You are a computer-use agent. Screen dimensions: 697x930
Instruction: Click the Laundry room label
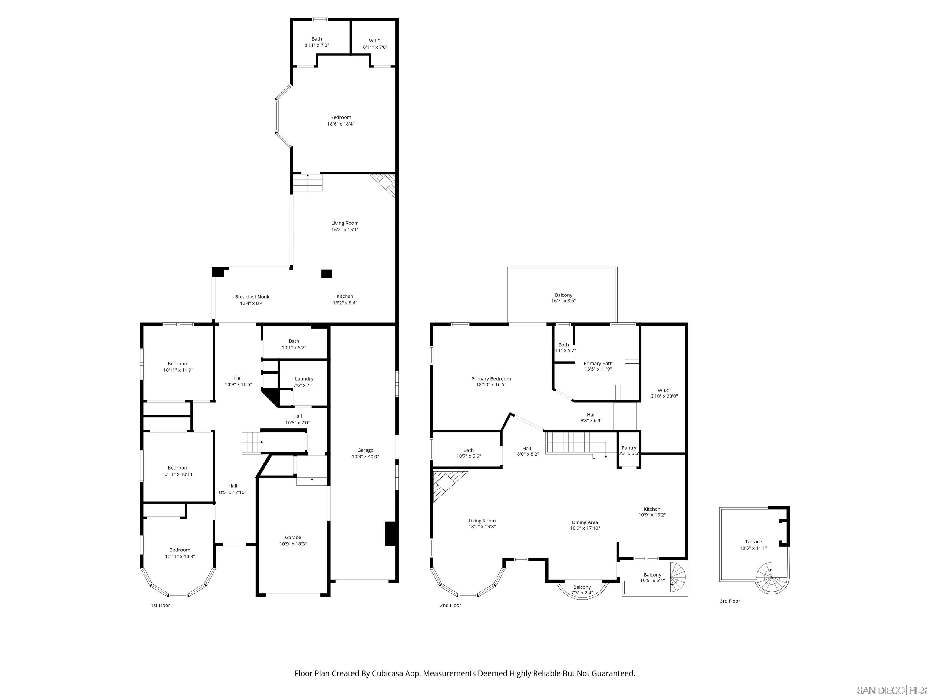pos(304,378)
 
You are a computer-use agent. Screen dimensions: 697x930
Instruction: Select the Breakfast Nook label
pos(252,296)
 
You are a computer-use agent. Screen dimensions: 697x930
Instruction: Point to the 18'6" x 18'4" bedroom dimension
pos(341,124)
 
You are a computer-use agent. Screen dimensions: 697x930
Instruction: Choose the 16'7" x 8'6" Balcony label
pos(563,295)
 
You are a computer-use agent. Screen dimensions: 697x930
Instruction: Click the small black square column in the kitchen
pos(326,274)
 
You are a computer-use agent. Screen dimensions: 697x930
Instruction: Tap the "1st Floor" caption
pos(160,605)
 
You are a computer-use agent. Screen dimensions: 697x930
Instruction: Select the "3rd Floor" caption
pos(730,601)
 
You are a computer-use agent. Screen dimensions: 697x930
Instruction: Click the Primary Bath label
pos(598,363)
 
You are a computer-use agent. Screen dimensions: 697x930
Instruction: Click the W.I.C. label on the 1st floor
pos(375,41)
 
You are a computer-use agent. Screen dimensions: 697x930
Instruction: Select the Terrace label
pos(753,542)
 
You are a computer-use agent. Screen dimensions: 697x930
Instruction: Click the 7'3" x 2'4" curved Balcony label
pos(582,587)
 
